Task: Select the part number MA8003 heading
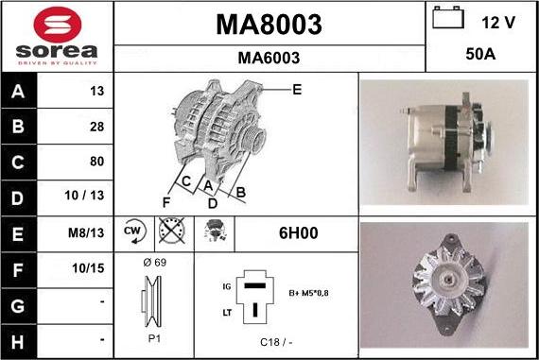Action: pos(269,25)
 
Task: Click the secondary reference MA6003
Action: pos(269,58)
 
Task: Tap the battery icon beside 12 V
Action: pos(448,18)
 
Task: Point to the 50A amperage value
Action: pos(480,54)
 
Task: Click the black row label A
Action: pos(18,91)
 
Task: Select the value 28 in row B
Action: pos(97,127)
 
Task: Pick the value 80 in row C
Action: pos(97,162)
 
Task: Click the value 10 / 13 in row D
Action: pos(84,196)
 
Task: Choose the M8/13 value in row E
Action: pos(86,232)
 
